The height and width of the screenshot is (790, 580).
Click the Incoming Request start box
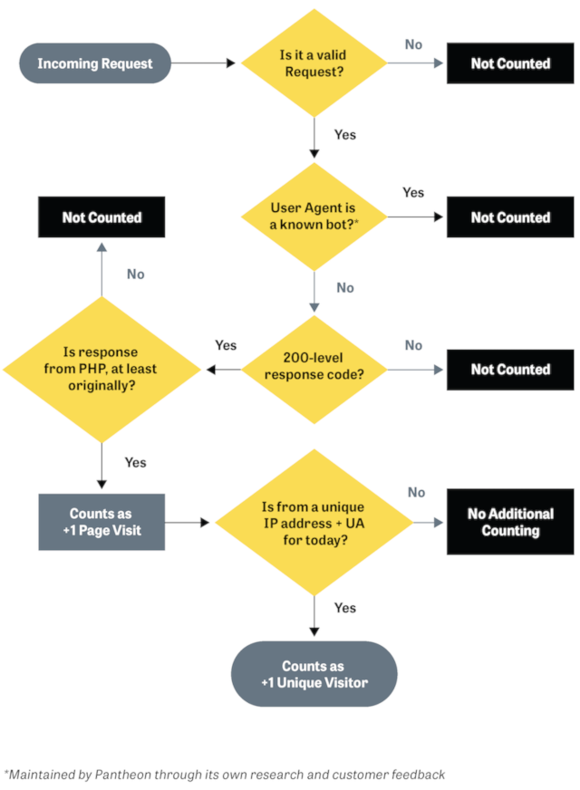[95, 63]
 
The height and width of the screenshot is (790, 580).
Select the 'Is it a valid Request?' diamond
[314, 63]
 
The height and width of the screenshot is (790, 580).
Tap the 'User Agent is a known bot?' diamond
[314, 217]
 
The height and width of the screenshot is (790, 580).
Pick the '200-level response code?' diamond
[314, 369]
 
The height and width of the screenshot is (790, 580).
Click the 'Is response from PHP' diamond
[101, 369]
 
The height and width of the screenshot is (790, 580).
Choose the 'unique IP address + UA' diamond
[314, 522]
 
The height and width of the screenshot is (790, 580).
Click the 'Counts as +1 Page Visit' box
[101, 522]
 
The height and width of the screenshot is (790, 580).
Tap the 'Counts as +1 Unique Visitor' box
[314, 674]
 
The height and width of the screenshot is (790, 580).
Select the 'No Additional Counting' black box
[510, 522]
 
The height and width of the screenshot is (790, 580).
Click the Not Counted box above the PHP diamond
[101, 217]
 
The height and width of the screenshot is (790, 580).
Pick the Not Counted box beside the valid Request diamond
[510, 63]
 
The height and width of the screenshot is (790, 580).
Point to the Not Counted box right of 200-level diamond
[510, 369]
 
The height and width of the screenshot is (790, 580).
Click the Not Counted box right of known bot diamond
[510, 217]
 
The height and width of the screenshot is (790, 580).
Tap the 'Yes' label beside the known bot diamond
[413, 193]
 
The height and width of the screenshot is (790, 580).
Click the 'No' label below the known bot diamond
[345, 288]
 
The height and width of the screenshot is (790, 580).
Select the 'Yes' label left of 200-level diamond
[226, 345]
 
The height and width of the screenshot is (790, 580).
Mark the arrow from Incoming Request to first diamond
[204, 63]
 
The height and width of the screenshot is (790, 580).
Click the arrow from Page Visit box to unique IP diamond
[188, 522]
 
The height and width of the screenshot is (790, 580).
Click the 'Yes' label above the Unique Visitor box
[345, 608]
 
